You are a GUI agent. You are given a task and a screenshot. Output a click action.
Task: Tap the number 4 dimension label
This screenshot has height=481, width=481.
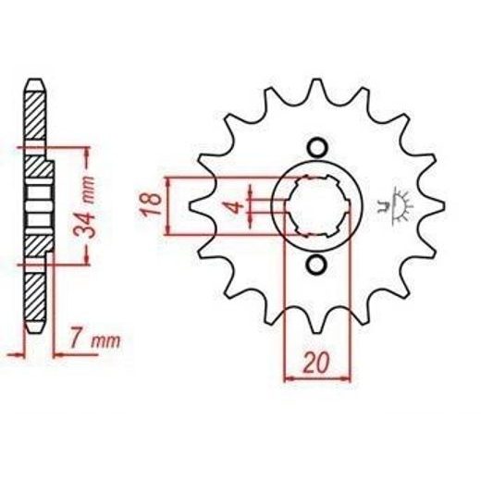click(236, 206)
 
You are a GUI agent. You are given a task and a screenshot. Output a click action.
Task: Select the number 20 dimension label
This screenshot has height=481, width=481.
click(316, 364)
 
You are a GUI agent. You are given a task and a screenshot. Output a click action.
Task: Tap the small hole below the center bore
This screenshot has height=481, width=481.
click(317, 265)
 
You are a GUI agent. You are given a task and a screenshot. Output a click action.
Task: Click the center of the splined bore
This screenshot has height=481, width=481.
click(317, 206)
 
